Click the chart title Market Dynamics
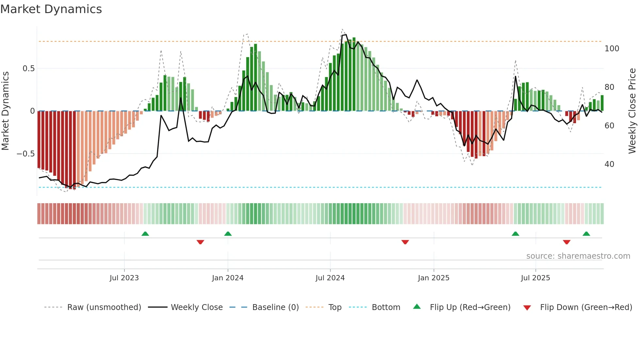tap(51, 9)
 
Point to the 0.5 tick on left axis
tap(28, 69)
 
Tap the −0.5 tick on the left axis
tap(26, 154)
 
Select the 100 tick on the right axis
tap(612, 49)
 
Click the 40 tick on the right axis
tap(609, 164)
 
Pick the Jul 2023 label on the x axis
tap(124, 278)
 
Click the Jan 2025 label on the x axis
tap(434, 278)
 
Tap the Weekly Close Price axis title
tap(632, 111)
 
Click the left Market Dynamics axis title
tap(5, 111)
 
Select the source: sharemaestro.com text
tap(578, 256)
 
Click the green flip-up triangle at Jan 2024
tap(228, 234)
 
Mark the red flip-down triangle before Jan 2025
tap(405, 242)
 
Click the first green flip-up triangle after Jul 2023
tap(145, 234)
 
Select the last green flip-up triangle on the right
tap(586, 234)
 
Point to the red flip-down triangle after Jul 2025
tap(567, 242)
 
